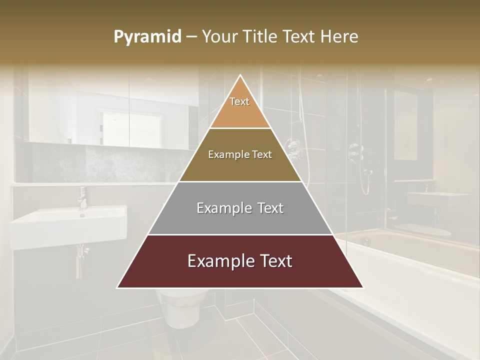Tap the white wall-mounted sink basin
68,227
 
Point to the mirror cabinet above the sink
107,107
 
